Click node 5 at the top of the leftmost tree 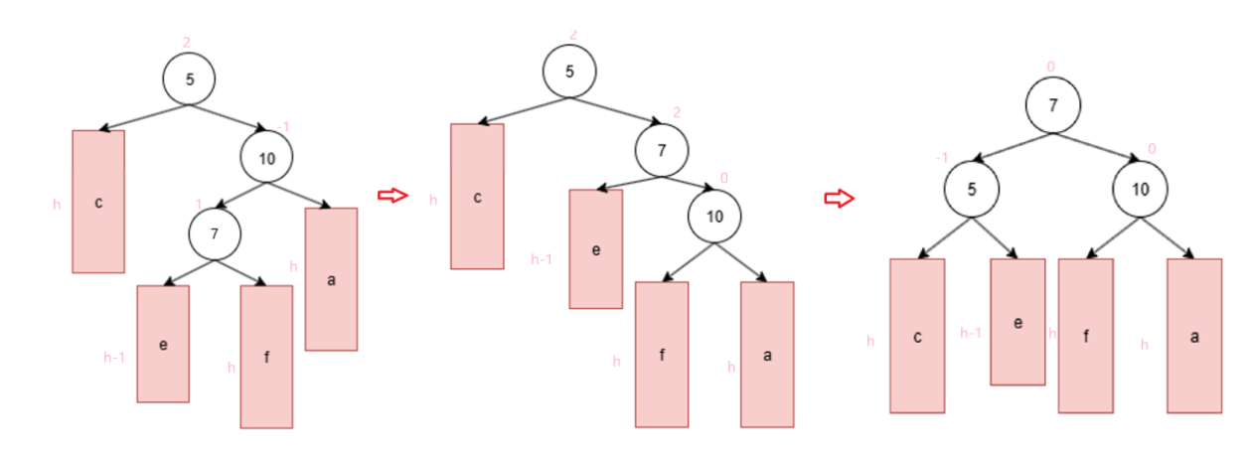click(190, 79)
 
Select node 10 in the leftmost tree click(266, 157)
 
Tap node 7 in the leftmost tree click(216, 234)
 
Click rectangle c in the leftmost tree click(98, 202)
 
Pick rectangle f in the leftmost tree click(266, 357)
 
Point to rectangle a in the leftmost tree click(331, 279)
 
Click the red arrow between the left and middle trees click(393, 196)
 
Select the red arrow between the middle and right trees click(840, 200)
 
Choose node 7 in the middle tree click(662, 151)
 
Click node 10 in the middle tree click(714, 216)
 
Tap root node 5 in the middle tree click(569, 72)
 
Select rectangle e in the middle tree click(596, 249)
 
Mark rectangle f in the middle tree click(662, 355)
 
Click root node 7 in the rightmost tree click(1053, 104)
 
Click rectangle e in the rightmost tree click(1017, 322)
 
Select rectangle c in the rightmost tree click(917, 336)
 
